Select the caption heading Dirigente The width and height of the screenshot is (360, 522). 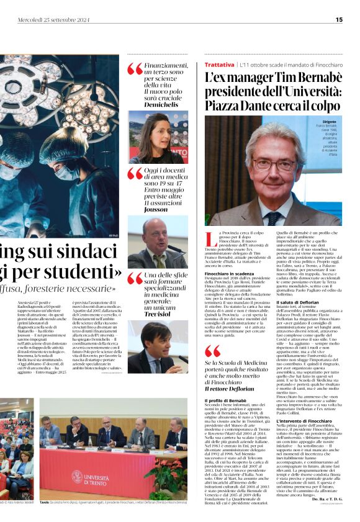coord(330,122)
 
